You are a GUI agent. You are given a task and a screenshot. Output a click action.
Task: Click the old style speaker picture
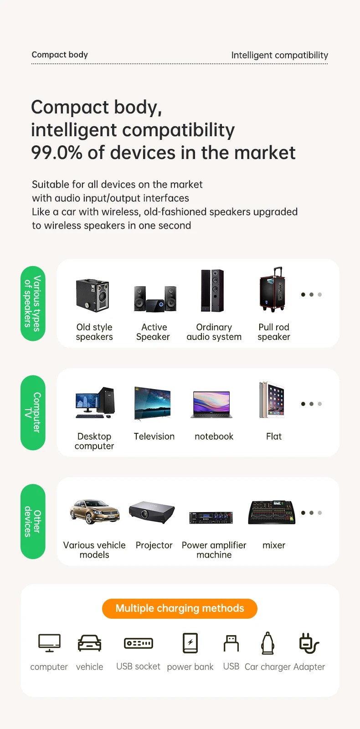93,295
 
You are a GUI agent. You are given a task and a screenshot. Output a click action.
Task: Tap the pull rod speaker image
273,290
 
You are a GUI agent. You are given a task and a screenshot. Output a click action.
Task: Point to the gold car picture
94,512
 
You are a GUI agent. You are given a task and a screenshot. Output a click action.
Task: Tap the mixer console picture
272,513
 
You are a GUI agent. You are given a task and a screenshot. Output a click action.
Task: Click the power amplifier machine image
211,517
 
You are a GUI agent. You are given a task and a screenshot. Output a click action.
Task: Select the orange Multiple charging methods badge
180,608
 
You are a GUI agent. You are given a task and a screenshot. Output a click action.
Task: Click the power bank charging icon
190,643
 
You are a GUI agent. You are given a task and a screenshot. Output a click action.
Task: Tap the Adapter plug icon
309,643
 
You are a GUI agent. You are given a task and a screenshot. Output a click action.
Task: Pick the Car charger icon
268,643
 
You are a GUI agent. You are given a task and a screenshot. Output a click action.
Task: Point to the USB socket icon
139,643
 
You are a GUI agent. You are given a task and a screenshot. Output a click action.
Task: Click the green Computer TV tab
33,412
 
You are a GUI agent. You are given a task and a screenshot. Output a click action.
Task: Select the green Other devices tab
33,521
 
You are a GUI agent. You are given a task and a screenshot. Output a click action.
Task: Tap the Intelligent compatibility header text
279,55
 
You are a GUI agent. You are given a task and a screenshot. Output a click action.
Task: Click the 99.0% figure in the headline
57,153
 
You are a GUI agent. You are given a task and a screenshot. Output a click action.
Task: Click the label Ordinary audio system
214,332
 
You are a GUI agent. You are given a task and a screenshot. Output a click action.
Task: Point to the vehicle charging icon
90,643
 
